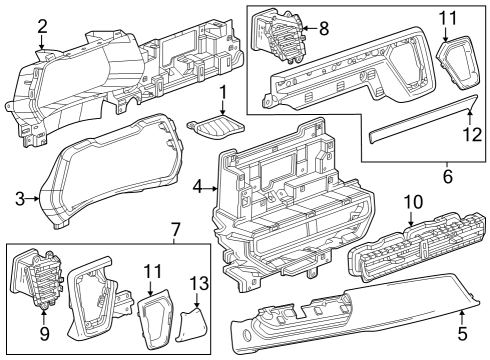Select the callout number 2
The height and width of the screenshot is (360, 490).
point(42,26)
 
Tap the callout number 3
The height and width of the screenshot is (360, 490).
point(19,199)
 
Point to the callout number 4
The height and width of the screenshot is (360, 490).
point(198,187)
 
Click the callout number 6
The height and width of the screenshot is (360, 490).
point(447,177)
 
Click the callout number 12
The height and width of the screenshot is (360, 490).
point(468,132)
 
